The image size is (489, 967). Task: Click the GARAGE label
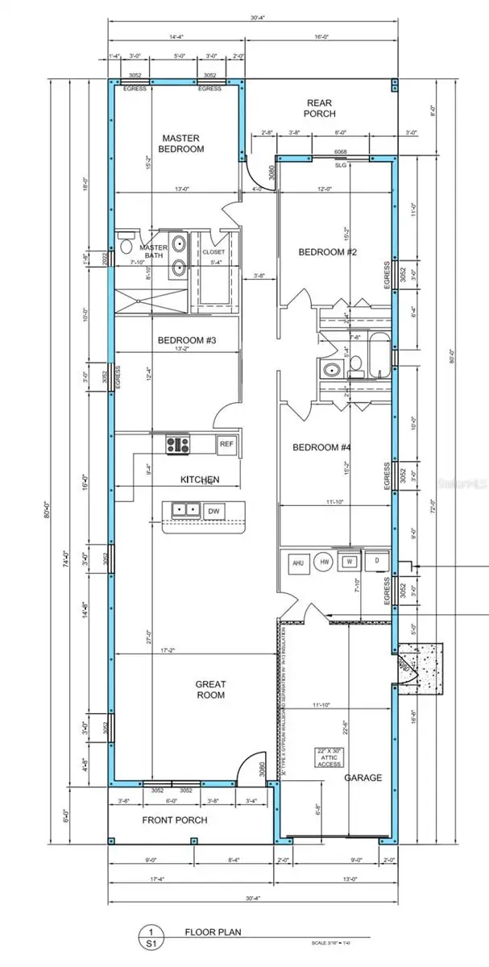tap(363, 778)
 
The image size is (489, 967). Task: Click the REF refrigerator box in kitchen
tap(226, 443)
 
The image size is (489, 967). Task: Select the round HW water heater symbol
tap(325, 562)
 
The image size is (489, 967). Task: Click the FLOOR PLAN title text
tap(197, 932)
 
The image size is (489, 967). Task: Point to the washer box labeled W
tap(350, 562)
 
